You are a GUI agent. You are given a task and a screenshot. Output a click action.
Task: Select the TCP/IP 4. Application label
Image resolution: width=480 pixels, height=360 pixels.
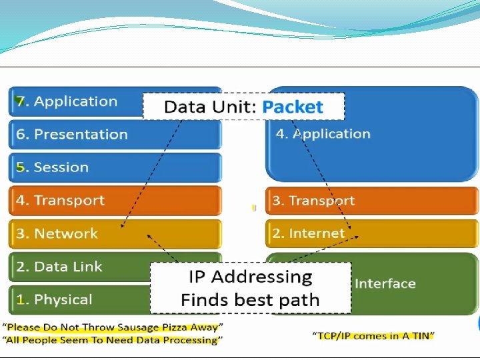[x=323, y=134]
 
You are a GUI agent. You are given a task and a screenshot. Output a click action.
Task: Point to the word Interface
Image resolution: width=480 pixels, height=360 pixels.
[x=385, y=284]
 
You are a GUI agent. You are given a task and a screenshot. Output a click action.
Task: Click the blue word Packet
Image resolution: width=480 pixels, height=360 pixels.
[x=292, y=107]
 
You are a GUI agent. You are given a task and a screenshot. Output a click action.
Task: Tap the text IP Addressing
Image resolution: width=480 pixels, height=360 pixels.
[x=250, y=277]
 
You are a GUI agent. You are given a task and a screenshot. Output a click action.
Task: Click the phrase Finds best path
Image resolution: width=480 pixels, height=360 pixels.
[x=250, y=300]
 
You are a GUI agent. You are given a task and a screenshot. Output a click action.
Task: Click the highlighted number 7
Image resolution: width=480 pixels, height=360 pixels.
[x=21, y=102]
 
